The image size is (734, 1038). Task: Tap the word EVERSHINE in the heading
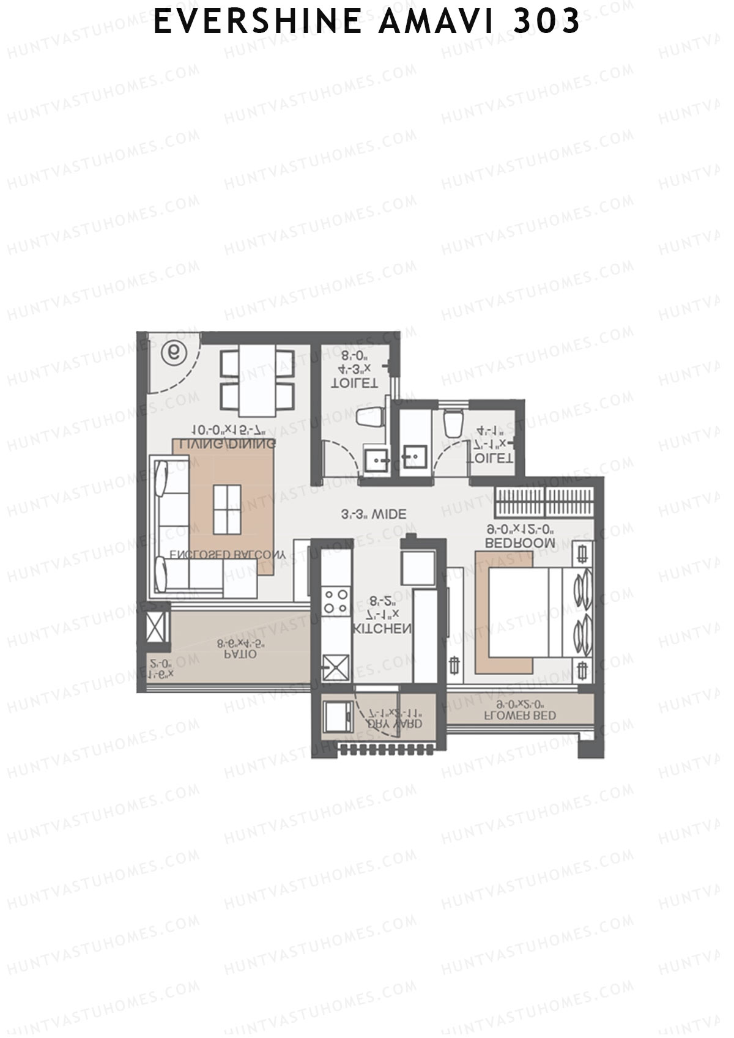click(256, 22)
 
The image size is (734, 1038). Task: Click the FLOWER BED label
click(520, 715)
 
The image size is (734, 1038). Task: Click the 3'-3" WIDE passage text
click(374, 514)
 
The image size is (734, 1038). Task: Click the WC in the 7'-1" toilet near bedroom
click(453, 422)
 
